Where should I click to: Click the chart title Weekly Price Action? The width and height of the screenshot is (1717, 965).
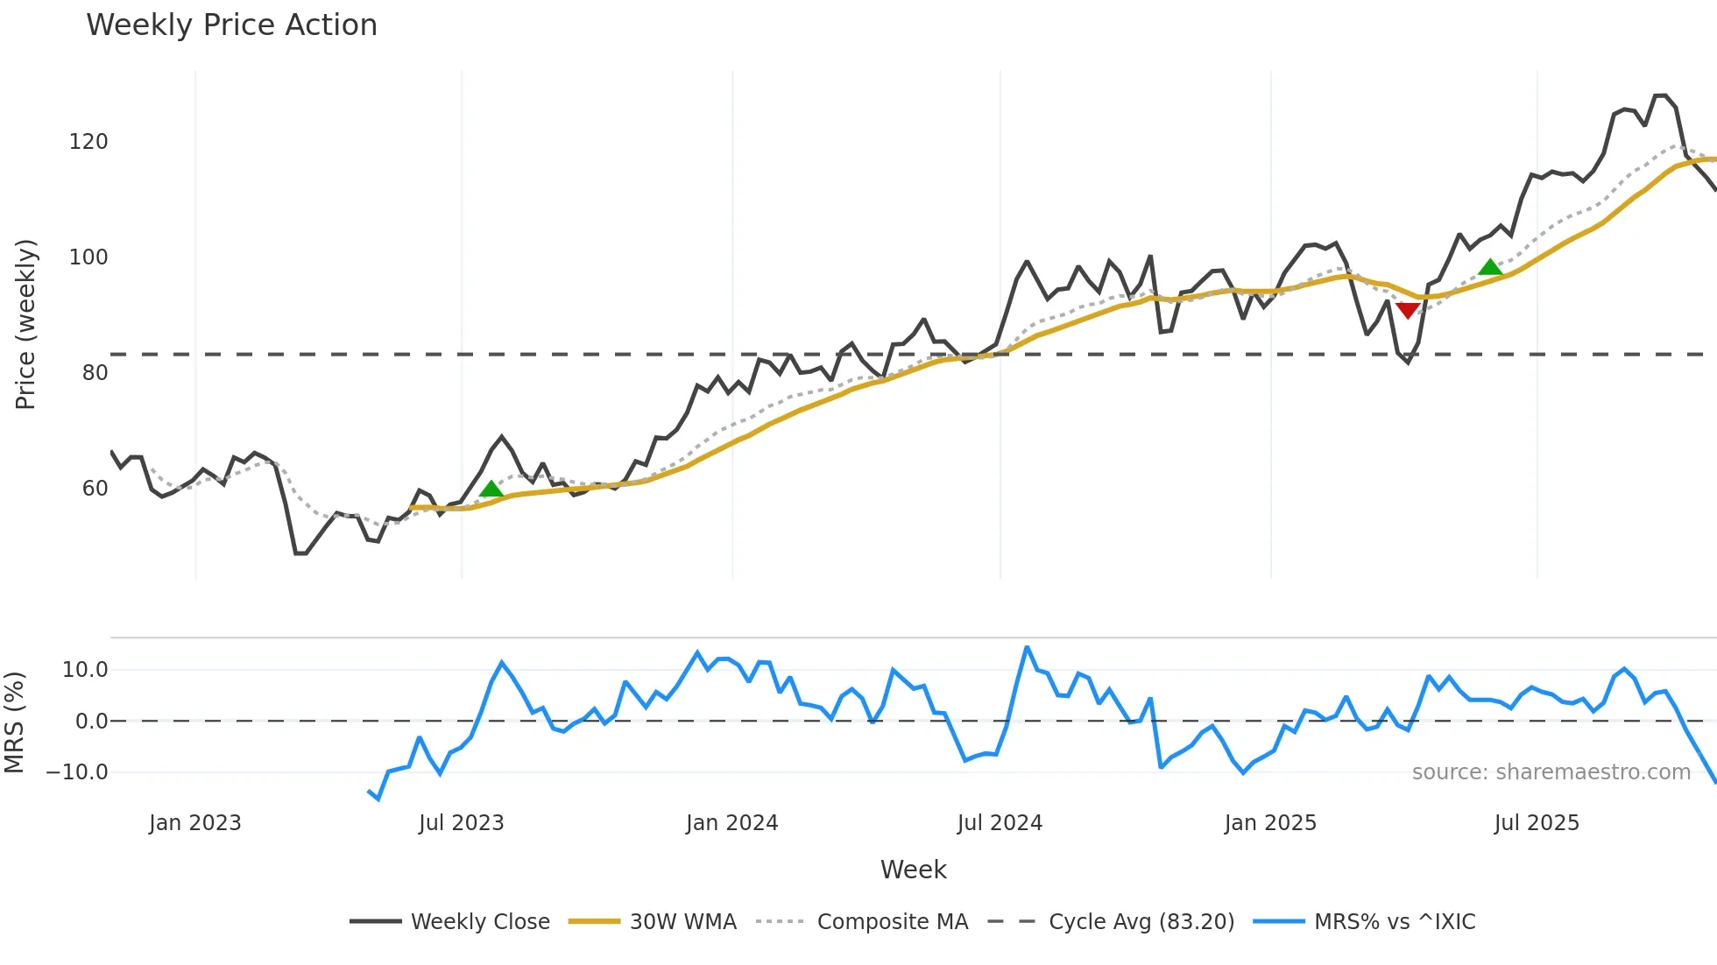pyautogui.click(x=231, y=25)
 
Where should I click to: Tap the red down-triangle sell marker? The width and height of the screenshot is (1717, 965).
pyautogui.click(x=1408, y=311)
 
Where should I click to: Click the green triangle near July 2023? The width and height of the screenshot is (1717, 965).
pyautogui.click(x=491, y=489)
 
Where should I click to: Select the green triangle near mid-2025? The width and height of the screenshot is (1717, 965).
pyautogui.click(x=1490, y=267)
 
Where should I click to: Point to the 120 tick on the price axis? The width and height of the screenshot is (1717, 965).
pyautogui.click(x=88, y=142)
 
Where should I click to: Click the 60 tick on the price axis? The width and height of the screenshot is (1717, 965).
pyautogui.click(x=95, y=489)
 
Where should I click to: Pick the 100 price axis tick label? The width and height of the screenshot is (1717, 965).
pyautogui.click(x=88, y=257)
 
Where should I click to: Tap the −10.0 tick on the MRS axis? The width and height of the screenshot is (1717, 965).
pyautogui.click(x=77, y=772)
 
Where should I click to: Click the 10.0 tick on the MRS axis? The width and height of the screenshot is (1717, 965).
pyautogui.click(x=85, y=670)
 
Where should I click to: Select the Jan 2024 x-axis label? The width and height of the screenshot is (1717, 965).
pyautogui.click(x=731, y=823)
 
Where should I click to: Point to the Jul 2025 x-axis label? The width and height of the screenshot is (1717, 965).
pyautogui.click(x=1537, y=823)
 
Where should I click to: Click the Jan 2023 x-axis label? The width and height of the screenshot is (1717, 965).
pyautogui.click(x=194, y=823)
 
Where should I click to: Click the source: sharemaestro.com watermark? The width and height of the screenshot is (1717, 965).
pyautogui.click(x=1551, y=772)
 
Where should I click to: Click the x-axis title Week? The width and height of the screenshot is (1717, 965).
pyautogui.click(x=913, y=870)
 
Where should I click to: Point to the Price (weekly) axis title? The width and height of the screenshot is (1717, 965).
pyautogui.click(x=25, y=324)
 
